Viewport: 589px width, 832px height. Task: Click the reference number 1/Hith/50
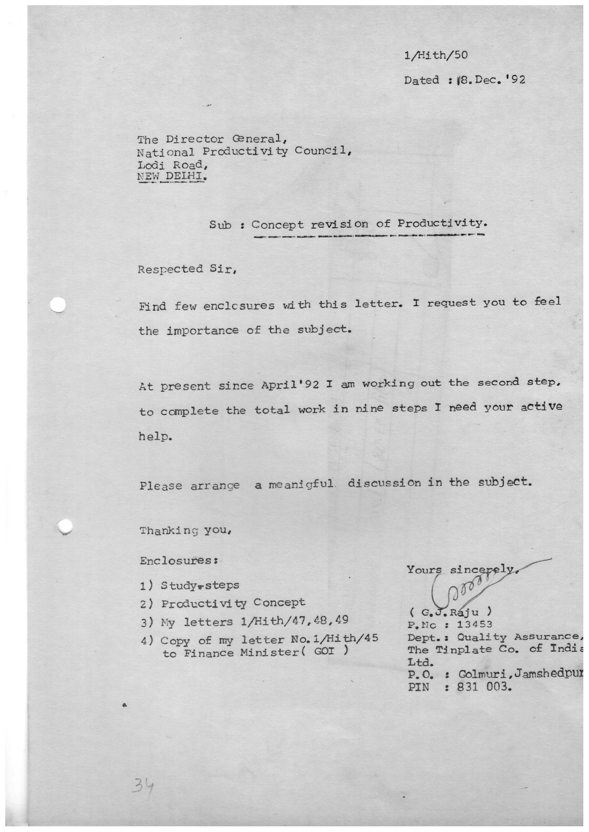click(435, 55)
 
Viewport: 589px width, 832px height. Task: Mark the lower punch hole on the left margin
click(65, 526)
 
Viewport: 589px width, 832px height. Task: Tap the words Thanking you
click(185, 530)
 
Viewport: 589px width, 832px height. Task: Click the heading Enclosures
click(178, 561)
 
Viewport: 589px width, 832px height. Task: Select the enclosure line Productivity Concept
click(233, 603)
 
